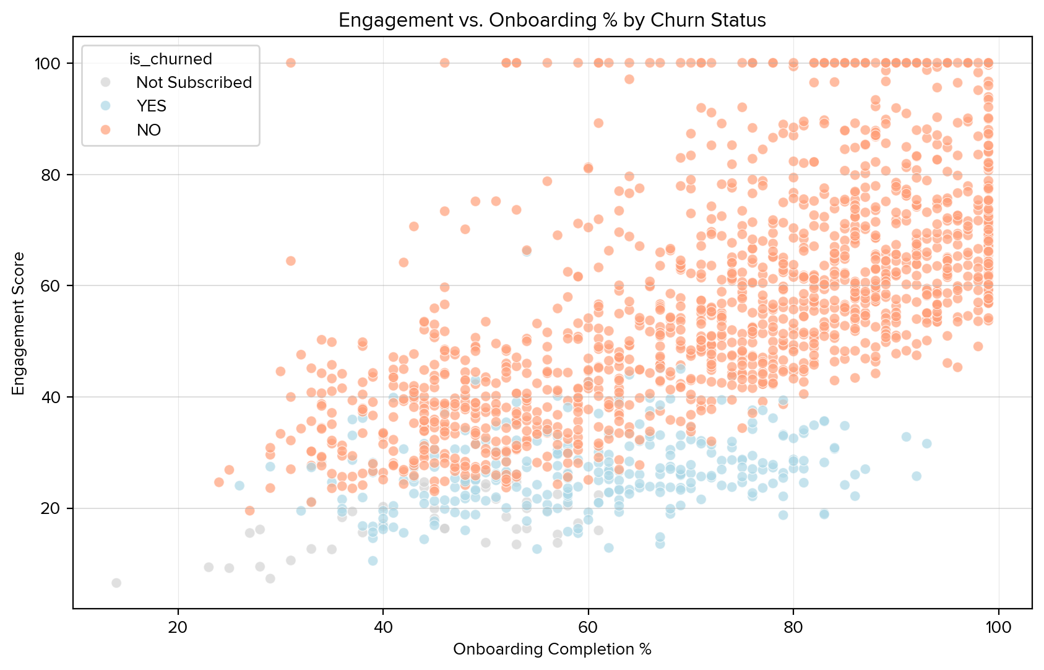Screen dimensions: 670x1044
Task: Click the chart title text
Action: click(x=552, y=20)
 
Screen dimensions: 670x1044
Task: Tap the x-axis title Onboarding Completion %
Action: click(x=552, y=649)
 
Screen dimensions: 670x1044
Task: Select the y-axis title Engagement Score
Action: click(x=19, y=323)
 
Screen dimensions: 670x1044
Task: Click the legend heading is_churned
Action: click(x=170, y=59)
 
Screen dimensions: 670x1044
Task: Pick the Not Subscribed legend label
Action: click(x=194, y=82)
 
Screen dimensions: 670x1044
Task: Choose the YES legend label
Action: click(x=152, y=106)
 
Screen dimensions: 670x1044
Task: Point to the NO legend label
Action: click(x=149, y=130)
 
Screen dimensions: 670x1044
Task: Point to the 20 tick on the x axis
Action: click(x=178, y=626)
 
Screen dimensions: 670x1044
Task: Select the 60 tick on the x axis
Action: click(x=588, y=626)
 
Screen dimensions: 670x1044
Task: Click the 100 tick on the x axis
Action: click(x=998, y=626)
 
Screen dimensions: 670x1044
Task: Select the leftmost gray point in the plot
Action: click(x=116, y=583)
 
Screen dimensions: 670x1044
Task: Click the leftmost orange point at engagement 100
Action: click(x=290, y=63)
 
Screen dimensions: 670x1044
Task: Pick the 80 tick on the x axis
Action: click(x=793, y=626)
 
